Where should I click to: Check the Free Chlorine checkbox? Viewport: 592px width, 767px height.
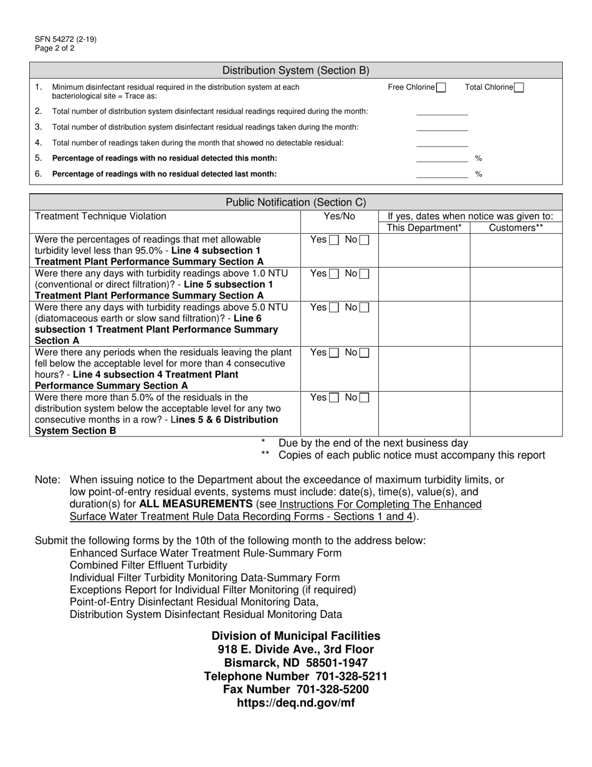(x=441, y=88)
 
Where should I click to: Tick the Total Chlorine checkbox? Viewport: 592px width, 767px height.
(x=519, y=88)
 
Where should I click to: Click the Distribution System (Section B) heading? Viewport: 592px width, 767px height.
(x=296, y=70)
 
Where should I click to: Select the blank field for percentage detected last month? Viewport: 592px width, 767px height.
(x=442, y=174)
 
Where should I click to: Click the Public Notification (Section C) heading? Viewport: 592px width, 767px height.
(x=296, y=202)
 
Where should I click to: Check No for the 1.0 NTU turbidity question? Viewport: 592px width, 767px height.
(x=364, y=274)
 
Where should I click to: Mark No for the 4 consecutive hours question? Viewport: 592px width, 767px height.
(x=364, y=353)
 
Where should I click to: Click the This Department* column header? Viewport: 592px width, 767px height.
(x=424, y=228)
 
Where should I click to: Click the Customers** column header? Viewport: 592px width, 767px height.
(x=516, y=228)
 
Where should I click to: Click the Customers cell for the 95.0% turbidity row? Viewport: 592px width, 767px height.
(x=516, y=251)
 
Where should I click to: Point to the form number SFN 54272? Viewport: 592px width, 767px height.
(x=65, y=39)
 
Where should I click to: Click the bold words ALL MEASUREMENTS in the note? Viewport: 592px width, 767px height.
(x=196, y=504)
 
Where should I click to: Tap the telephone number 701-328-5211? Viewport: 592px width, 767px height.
(x=348, y=676)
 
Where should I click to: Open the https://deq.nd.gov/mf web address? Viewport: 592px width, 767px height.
(x=296, y=703)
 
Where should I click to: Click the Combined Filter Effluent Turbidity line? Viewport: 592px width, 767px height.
(x=148, y=566)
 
